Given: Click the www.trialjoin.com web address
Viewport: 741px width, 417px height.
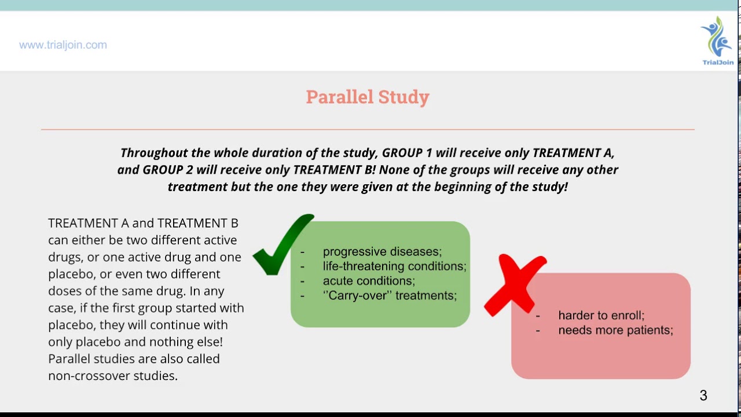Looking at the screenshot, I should (63, 45).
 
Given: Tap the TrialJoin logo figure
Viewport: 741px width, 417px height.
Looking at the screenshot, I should (717, 38).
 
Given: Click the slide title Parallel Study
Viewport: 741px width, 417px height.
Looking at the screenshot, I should (368, 97).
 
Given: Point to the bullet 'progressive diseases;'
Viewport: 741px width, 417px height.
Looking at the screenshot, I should (382, 252).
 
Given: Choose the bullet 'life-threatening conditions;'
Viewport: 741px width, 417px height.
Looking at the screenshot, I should (394, 266).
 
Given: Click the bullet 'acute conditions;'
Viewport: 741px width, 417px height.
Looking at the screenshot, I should (369, 281).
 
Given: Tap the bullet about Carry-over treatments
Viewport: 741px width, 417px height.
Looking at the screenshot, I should (390, 295).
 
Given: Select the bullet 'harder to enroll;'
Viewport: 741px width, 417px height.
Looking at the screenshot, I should (601, 316).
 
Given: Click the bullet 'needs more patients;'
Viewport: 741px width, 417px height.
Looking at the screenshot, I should (615, 330).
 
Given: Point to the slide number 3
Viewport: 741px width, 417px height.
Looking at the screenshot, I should (703, 396).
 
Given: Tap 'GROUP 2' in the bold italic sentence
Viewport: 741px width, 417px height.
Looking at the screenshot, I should (168, 170).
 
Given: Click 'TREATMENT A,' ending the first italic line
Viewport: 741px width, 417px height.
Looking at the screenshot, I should (573, 153).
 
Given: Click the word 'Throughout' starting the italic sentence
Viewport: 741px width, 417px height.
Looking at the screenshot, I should (153, 153).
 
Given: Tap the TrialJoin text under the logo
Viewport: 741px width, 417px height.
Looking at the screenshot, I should (718, 63).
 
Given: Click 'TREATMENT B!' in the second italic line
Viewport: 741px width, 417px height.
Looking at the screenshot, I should (335, 170).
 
